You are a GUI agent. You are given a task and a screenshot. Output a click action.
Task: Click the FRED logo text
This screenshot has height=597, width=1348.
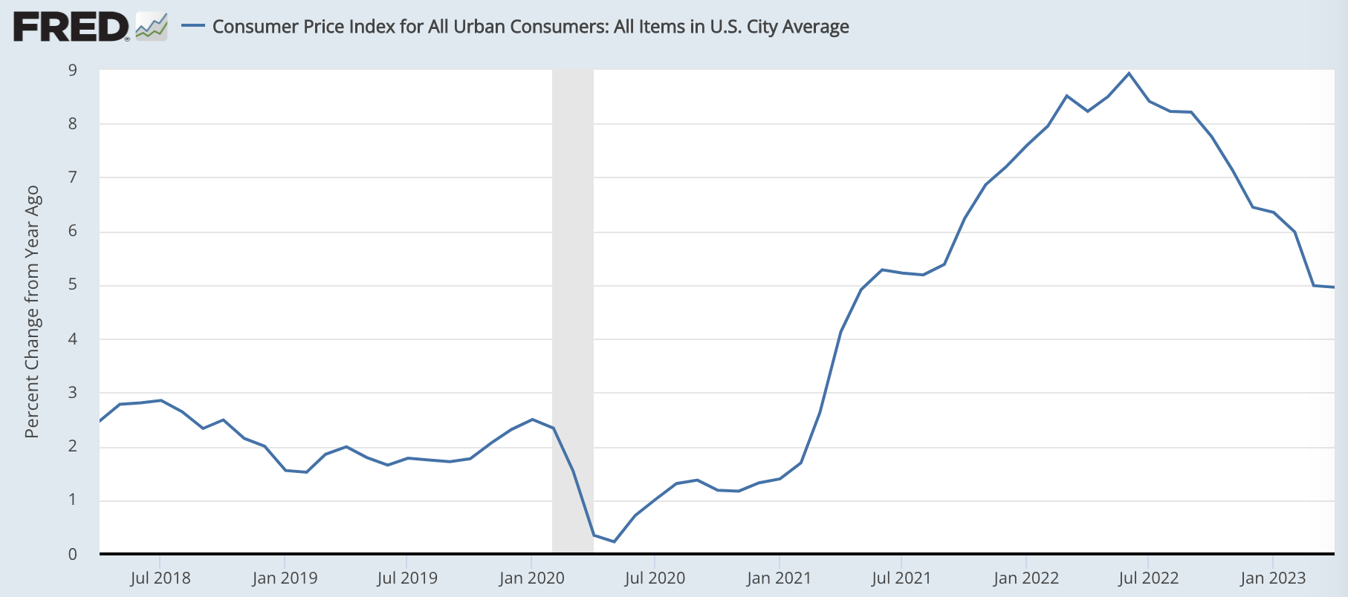(71, 27)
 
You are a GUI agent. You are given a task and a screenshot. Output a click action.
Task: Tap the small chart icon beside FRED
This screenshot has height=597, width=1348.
(152, 27)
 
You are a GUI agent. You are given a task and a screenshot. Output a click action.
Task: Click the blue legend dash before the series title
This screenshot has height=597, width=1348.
(193, 26)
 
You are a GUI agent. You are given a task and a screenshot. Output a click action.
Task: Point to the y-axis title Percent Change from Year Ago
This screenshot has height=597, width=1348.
(32, 312)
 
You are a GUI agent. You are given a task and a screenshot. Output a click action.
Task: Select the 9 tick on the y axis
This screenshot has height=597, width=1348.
(73, 71)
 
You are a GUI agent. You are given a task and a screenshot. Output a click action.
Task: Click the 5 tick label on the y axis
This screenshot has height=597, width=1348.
(73, 285)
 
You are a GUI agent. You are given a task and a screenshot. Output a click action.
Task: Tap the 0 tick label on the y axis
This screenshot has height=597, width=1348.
(73, 554)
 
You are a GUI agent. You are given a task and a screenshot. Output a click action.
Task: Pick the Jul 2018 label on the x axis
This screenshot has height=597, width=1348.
(160, 578)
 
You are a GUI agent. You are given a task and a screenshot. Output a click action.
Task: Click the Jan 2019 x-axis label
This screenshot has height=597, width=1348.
(285, 578)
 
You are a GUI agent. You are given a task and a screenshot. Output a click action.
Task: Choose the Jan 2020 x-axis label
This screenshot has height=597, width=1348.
(531, 578)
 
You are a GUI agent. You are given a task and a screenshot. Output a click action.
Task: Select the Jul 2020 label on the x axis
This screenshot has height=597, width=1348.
(655, 578)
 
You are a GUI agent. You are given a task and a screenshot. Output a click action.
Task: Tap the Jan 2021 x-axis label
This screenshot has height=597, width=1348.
(779, 578)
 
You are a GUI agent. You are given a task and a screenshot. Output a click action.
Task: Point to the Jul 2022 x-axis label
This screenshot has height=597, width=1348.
(1148, 578)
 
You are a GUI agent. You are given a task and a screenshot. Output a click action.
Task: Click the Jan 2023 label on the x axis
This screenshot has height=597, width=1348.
(1273, 578)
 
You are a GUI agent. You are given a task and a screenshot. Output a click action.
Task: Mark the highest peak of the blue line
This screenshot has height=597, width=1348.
(1129, 73)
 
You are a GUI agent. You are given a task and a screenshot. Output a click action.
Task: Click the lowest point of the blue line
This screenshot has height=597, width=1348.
(614, 541)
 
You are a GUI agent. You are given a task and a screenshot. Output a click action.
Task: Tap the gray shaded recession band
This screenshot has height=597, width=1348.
(572, 297)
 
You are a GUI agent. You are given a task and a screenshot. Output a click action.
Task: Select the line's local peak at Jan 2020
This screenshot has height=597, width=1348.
(532, 420)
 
